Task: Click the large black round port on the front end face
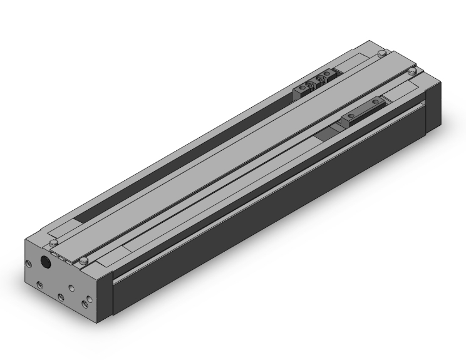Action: (x=46, y=262)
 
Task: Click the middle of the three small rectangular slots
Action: (x=61, y=257)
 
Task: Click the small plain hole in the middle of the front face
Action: (x=71, y=287)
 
